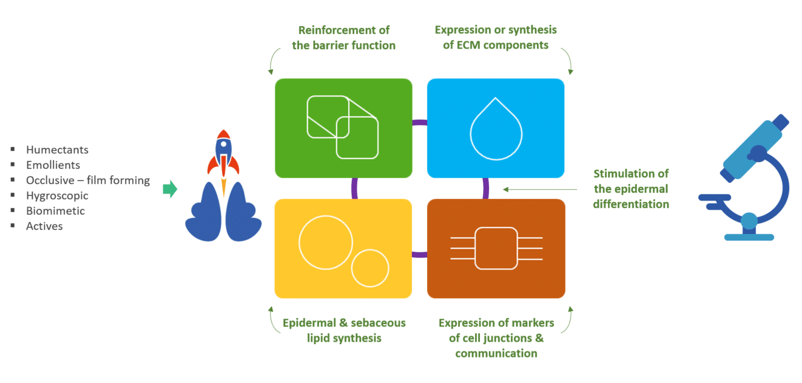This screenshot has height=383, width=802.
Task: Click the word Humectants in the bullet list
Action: click(x=57, y=150)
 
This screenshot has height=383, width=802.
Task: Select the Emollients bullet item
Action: click(x=53, y=165)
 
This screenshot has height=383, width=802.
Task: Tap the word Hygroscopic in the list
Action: click(x=57, y=196)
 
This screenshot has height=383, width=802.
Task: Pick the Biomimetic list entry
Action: click(x=55, y=211)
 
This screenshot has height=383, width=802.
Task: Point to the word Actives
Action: click(x=44, y=226)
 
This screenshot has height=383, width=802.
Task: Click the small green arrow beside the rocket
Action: click(x=170, y=190)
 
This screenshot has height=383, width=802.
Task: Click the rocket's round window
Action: click(x=224, y=146)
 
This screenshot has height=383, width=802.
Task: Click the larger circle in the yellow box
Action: click(x=326, y=242)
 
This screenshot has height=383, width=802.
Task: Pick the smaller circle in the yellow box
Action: click(x=370, y=268)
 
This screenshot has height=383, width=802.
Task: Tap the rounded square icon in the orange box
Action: click(x=496, y=248)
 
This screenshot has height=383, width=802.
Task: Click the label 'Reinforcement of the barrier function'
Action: click(x=343, y=38)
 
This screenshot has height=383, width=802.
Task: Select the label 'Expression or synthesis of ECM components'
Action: click(x=496, y=38)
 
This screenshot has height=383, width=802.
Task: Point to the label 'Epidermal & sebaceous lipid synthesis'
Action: click(x=344, y=330)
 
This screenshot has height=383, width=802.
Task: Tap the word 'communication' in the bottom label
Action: click(x=496, y=353)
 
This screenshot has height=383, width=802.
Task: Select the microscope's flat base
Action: click(x=749, y=237)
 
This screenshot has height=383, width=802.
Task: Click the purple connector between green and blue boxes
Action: click(x=419, y=122)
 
